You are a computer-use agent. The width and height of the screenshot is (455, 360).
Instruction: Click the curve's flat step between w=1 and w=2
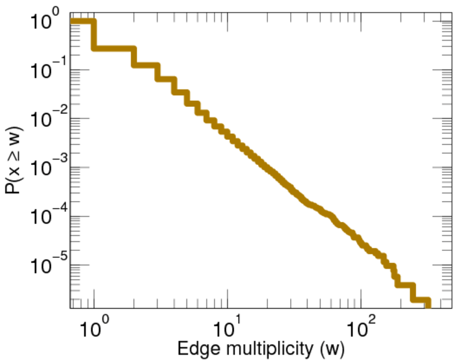tap(114, 48)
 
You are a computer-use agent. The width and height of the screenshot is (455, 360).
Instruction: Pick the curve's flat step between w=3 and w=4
tap(166, 79)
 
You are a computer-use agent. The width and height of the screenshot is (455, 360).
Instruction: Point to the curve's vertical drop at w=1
tap(94, 35)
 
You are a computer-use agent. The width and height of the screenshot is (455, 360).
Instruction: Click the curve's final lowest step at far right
tap(421, 301)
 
